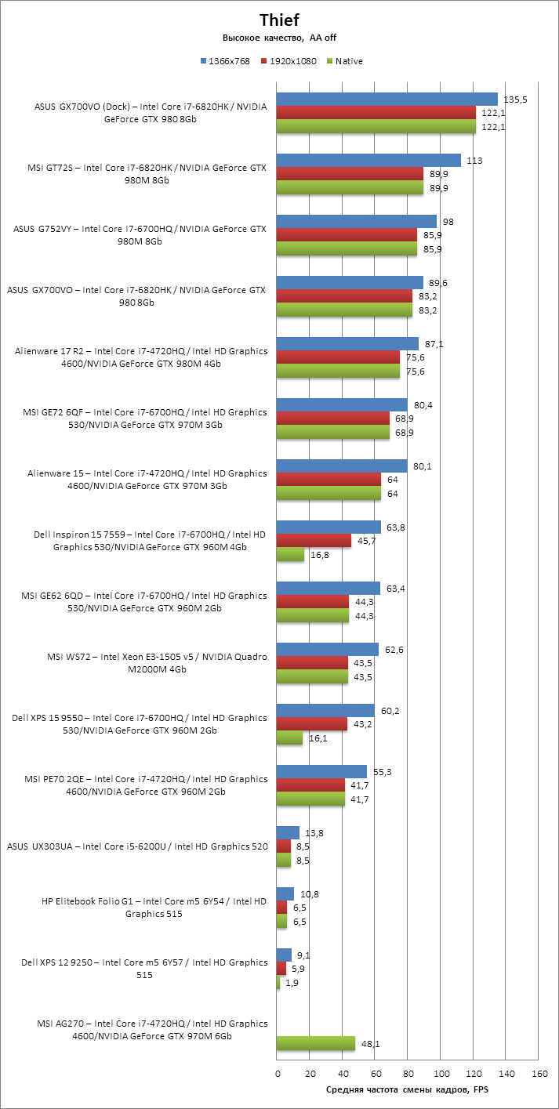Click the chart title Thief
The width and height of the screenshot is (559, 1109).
(279, 20)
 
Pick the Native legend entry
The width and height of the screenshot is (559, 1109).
(344, 61)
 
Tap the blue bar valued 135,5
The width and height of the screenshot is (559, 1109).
(387, 99)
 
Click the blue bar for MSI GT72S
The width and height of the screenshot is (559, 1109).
(368, 160)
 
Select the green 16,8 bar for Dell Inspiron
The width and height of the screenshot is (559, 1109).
(290, 555)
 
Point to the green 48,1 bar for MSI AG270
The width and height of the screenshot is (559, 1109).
(316, 1043)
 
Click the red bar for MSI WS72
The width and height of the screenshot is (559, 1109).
(312, 663)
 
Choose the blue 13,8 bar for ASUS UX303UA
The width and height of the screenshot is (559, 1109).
(288, 832)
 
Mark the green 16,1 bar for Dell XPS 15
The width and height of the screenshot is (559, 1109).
(289, 738)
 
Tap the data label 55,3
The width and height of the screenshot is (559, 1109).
(383, 771)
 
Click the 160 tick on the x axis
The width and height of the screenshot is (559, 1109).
(538, 1074)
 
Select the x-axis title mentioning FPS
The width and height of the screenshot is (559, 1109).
(407, 1090)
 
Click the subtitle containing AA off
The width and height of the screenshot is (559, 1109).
(279, 38)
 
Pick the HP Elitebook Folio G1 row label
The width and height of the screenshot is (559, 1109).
(154, 908)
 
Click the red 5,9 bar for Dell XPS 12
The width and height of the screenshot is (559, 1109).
(281, 969)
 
